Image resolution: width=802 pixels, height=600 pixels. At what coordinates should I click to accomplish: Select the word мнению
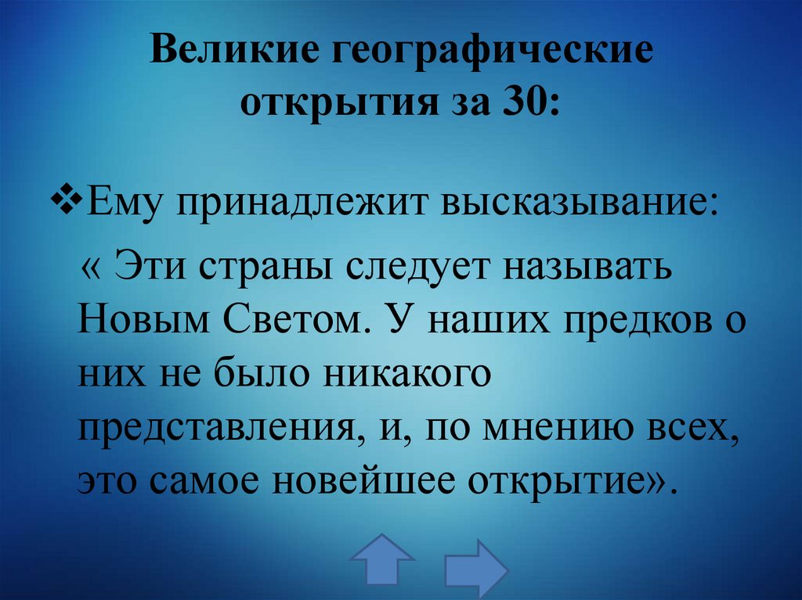click(579, 429)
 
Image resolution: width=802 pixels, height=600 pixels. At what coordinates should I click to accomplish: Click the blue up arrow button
click(381, 560)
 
